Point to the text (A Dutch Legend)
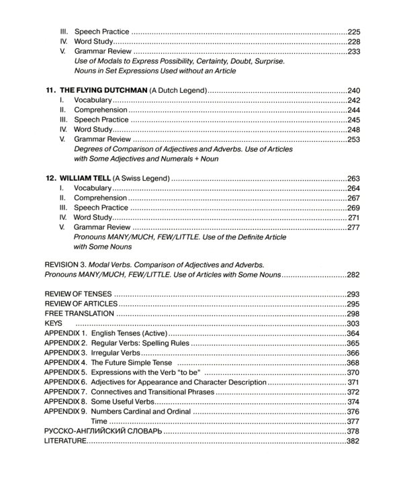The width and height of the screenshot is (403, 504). pyautogui.click(x=175, y=89)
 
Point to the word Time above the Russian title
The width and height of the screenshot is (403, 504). pyautogui.click(x=99, y=421)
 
